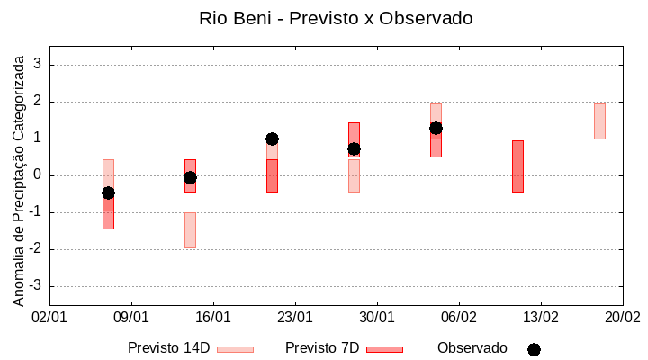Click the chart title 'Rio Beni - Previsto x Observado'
[x=336, y=18]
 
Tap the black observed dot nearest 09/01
[x=108, y=193]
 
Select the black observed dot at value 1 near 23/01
[x=272, y=139]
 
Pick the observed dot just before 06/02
[x=436, y=128]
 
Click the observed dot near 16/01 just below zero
[x=190, y=177]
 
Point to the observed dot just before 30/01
[x=354, y=148]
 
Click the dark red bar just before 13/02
[x=517, y=166]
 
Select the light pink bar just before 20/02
[x=599, y=121]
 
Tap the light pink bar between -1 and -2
[x=190, y=230]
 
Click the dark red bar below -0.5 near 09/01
[x=108, y=214]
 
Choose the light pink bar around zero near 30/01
[x=354, y=175]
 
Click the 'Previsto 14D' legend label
[x=168, y=348]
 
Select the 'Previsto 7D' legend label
[x=322, y=348]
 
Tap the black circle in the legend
[x=534, y=349]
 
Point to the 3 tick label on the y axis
[x=38, y=65]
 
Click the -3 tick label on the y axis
[x=36, y=286]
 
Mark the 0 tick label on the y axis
[x=38, y=175]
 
